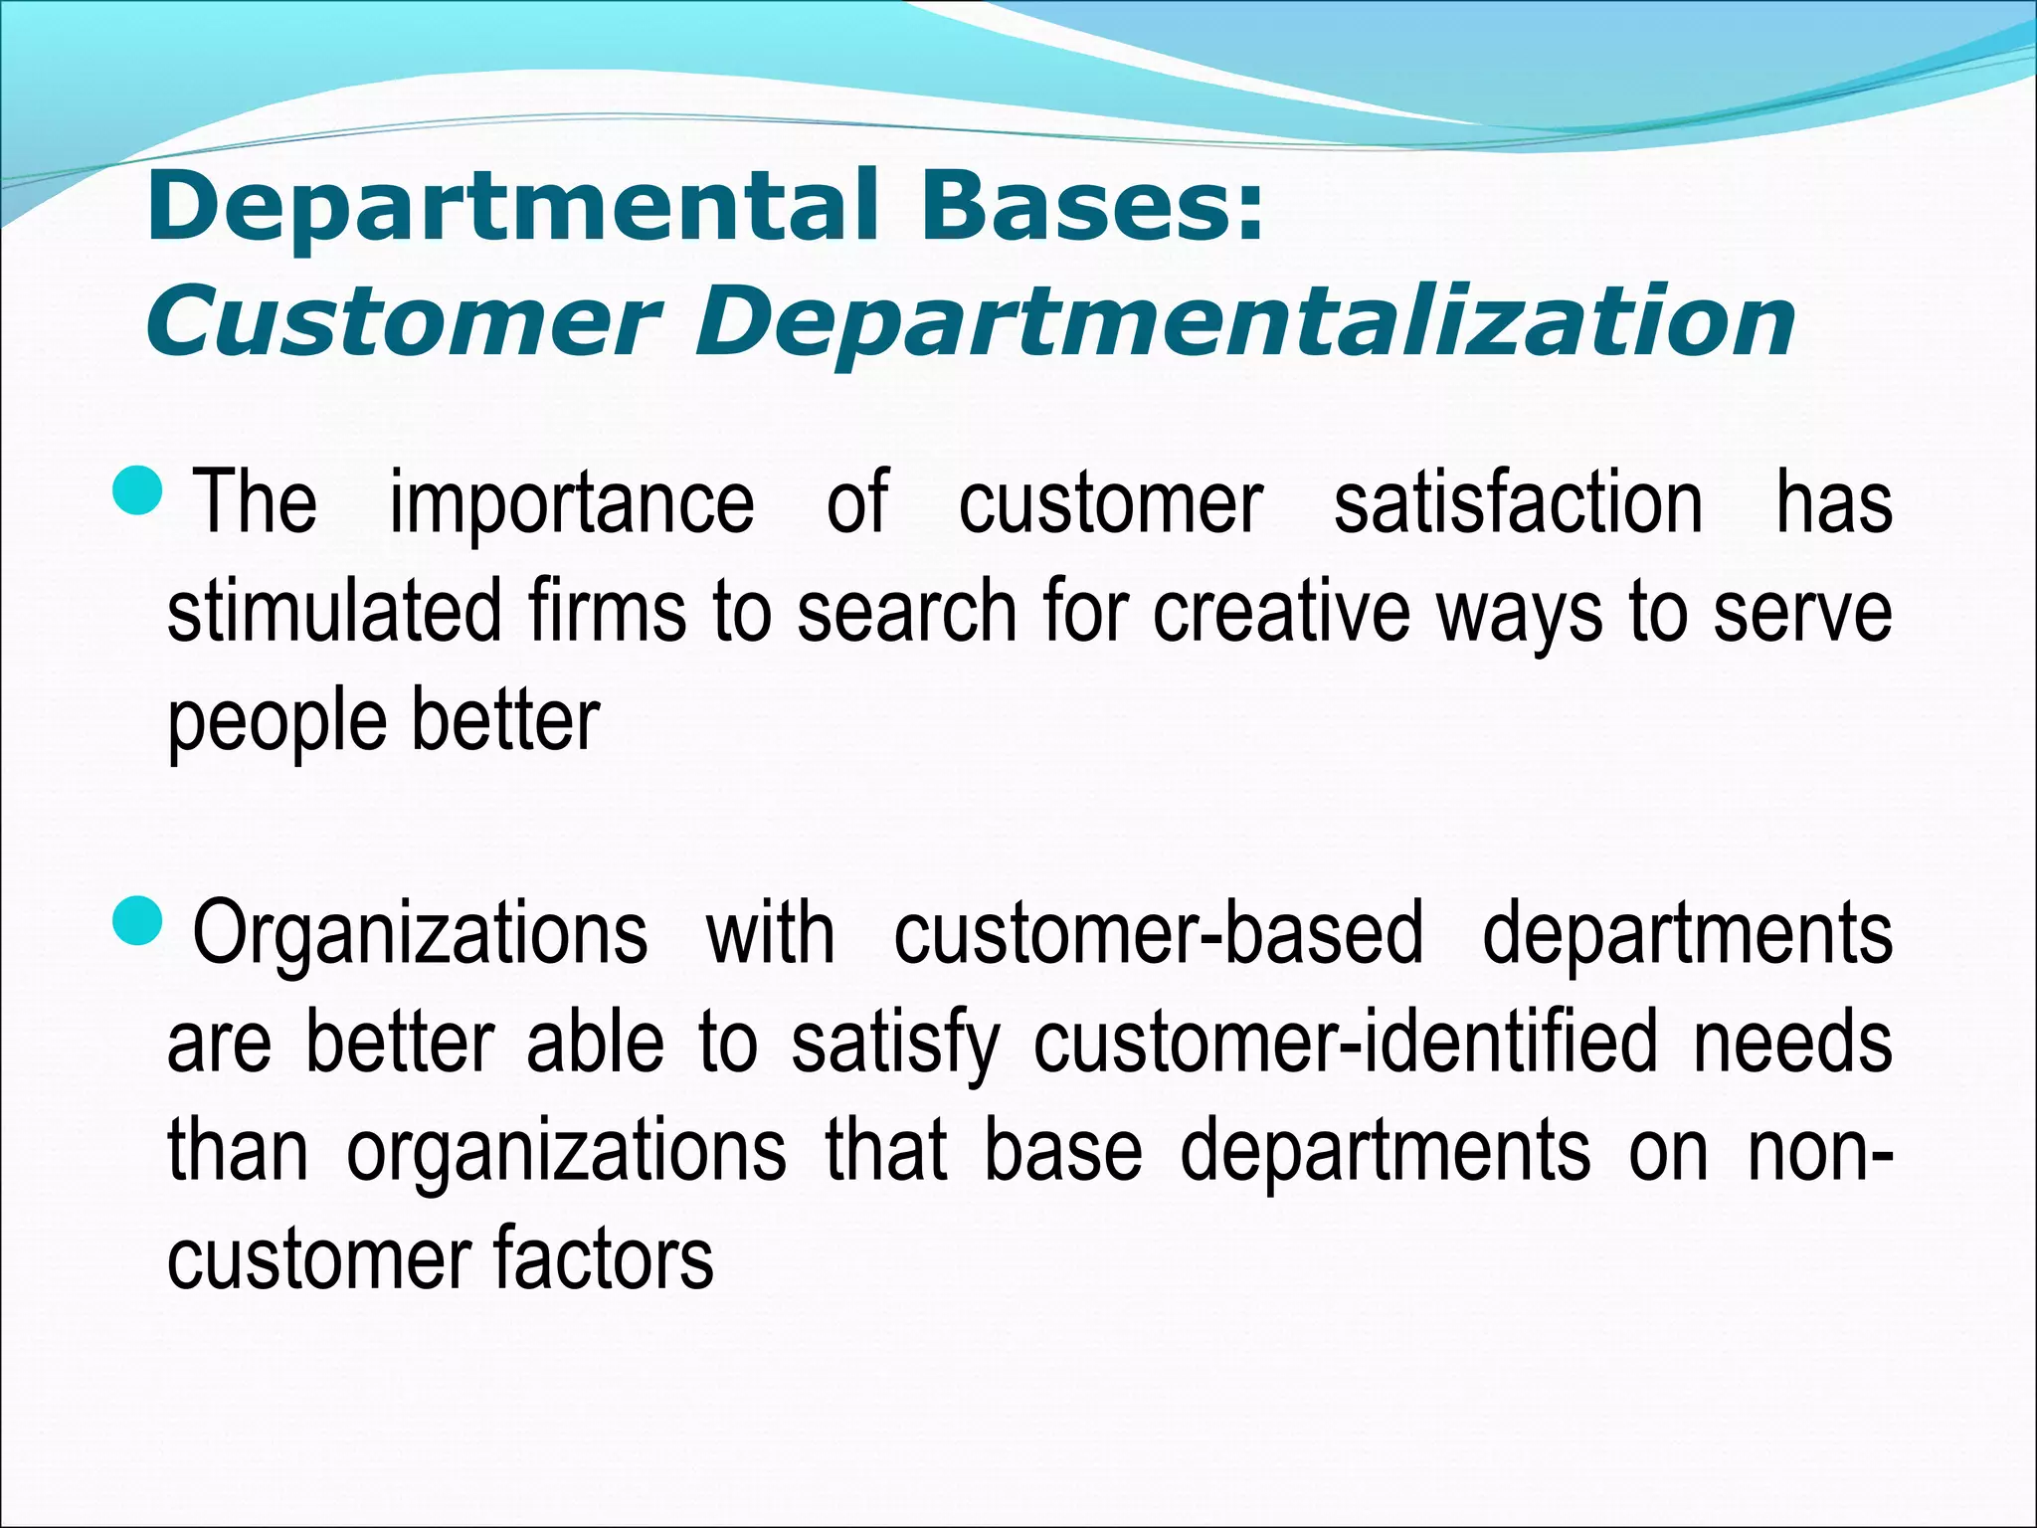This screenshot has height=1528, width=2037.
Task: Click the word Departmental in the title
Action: click(x=511, y=207)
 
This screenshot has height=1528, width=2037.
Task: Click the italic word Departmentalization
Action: click(x=1245, y=322)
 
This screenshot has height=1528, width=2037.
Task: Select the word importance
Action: click(x=572, y=503)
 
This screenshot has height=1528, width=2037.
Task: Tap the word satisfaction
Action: click(x=1518, y=503)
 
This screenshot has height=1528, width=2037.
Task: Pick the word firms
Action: click(x=607, y=611)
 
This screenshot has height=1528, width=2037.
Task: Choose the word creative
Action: click(x=1281, y=611)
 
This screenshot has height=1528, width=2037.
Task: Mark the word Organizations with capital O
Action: click(x=420, y=935)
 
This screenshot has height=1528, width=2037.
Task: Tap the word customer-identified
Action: click(x=1345, y=1043)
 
